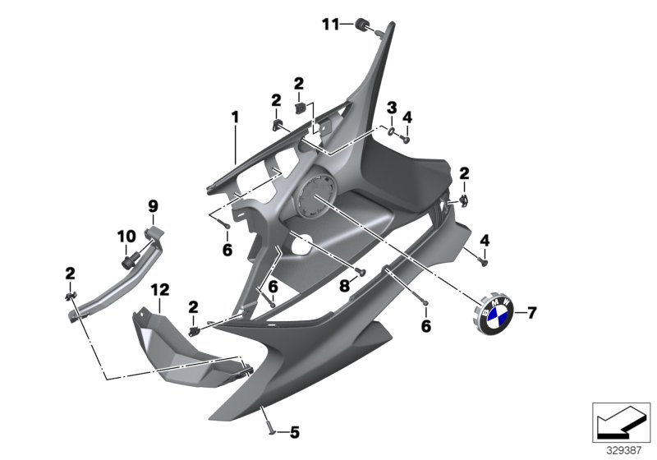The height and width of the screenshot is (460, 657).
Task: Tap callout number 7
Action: [531, 313]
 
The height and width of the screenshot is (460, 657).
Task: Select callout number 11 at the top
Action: [329, 25]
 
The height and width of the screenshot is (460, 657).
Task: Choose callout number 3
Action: [392, 107]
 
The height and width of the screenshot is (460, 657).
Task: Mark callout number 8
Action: [345, 284]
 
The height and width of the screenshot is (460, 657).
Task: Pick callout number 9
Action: [152, 205]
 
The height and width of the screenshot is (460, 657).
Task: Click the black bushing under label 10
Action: [129, 262]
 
